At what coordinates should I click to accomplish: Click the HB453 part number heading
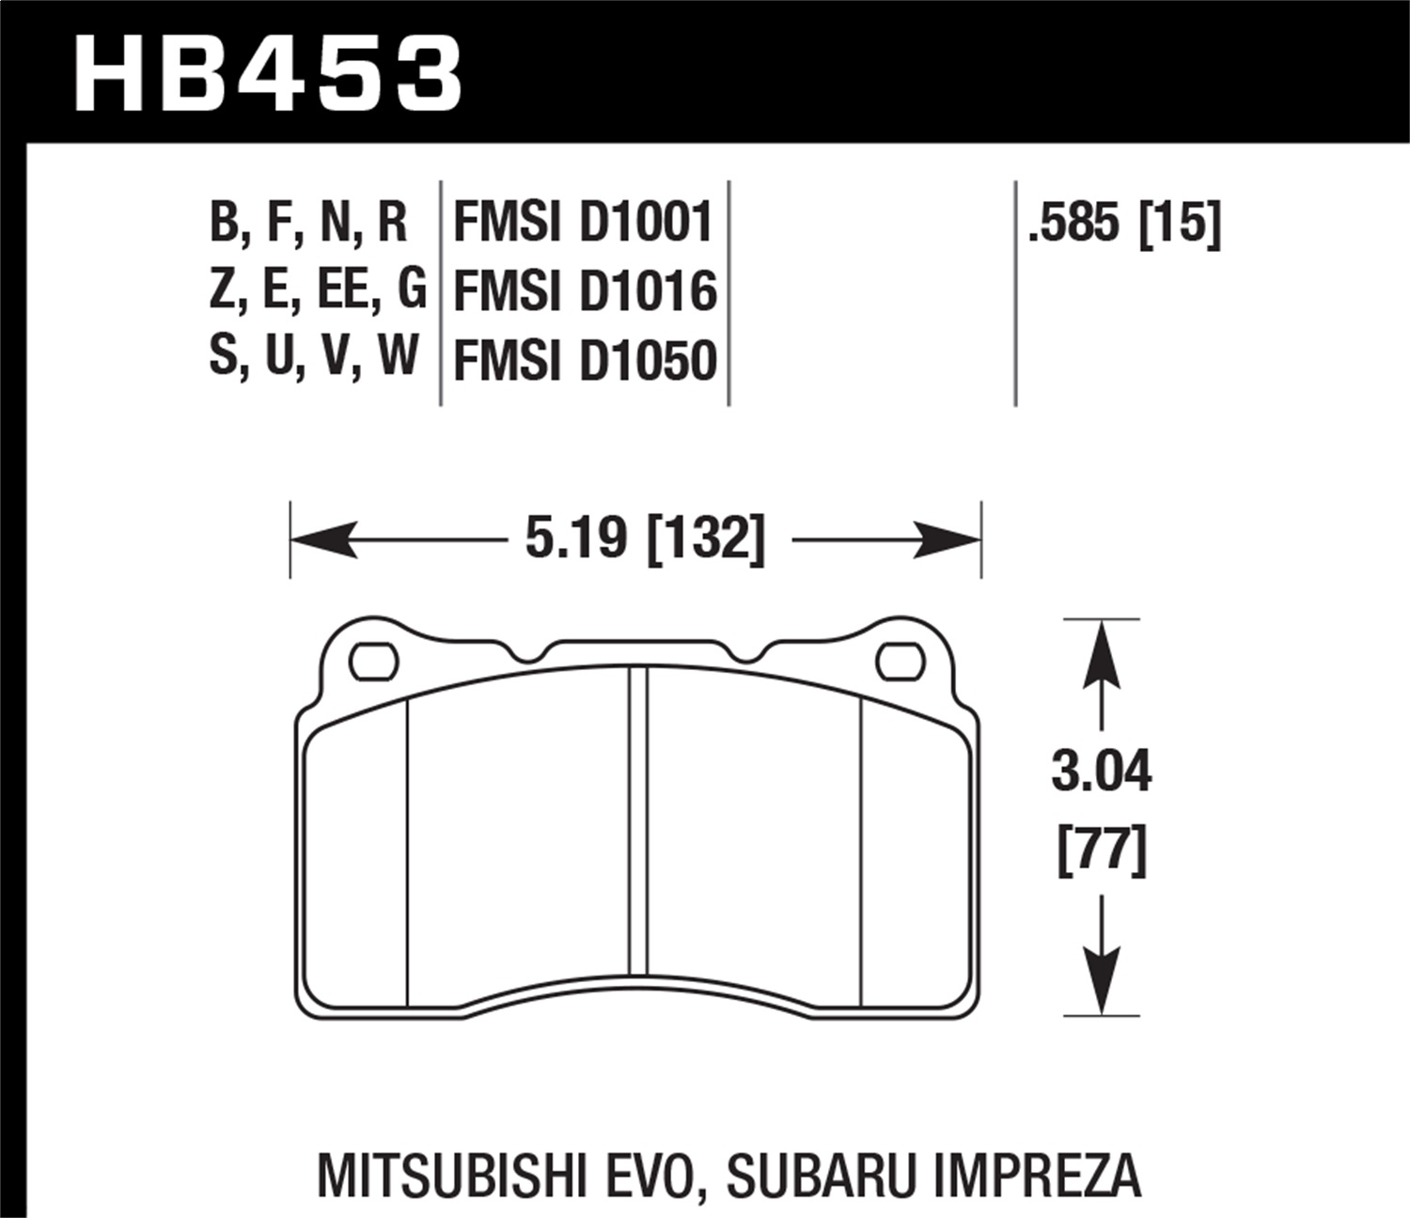[x=268, y=73]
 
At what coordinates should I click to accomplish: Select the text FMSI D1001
[x=584, y=224]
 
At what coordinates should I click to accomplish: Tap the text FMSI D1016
[x=585, y=291]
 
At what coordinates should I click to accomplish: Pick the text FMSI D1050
[x=585, y=360]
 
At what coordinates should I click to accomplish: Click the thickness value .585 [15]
[x=1124, y=224]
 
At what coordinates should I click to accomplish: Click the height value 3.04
[x=1101, y=773]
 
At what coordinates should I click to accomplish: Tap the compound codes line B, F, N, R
[x=308, y=224]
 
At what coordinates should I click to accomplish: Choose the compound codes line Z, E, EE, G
[x=317, y=290]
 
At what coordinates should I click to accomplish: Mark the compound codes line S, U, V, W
[x=313, y=358]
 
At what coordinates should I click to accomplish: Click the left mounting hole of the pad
[x=373, y=661]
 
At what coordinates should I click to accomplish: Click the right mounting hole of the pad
[x=900, y=661]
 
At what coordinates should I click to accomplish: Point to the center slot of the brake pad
[x=638, y=818]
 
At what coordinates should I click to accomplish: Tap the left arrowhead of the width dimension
[x=324, y=540]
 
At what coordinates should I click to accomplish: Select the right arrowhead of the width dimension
[x=948, y=540]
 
